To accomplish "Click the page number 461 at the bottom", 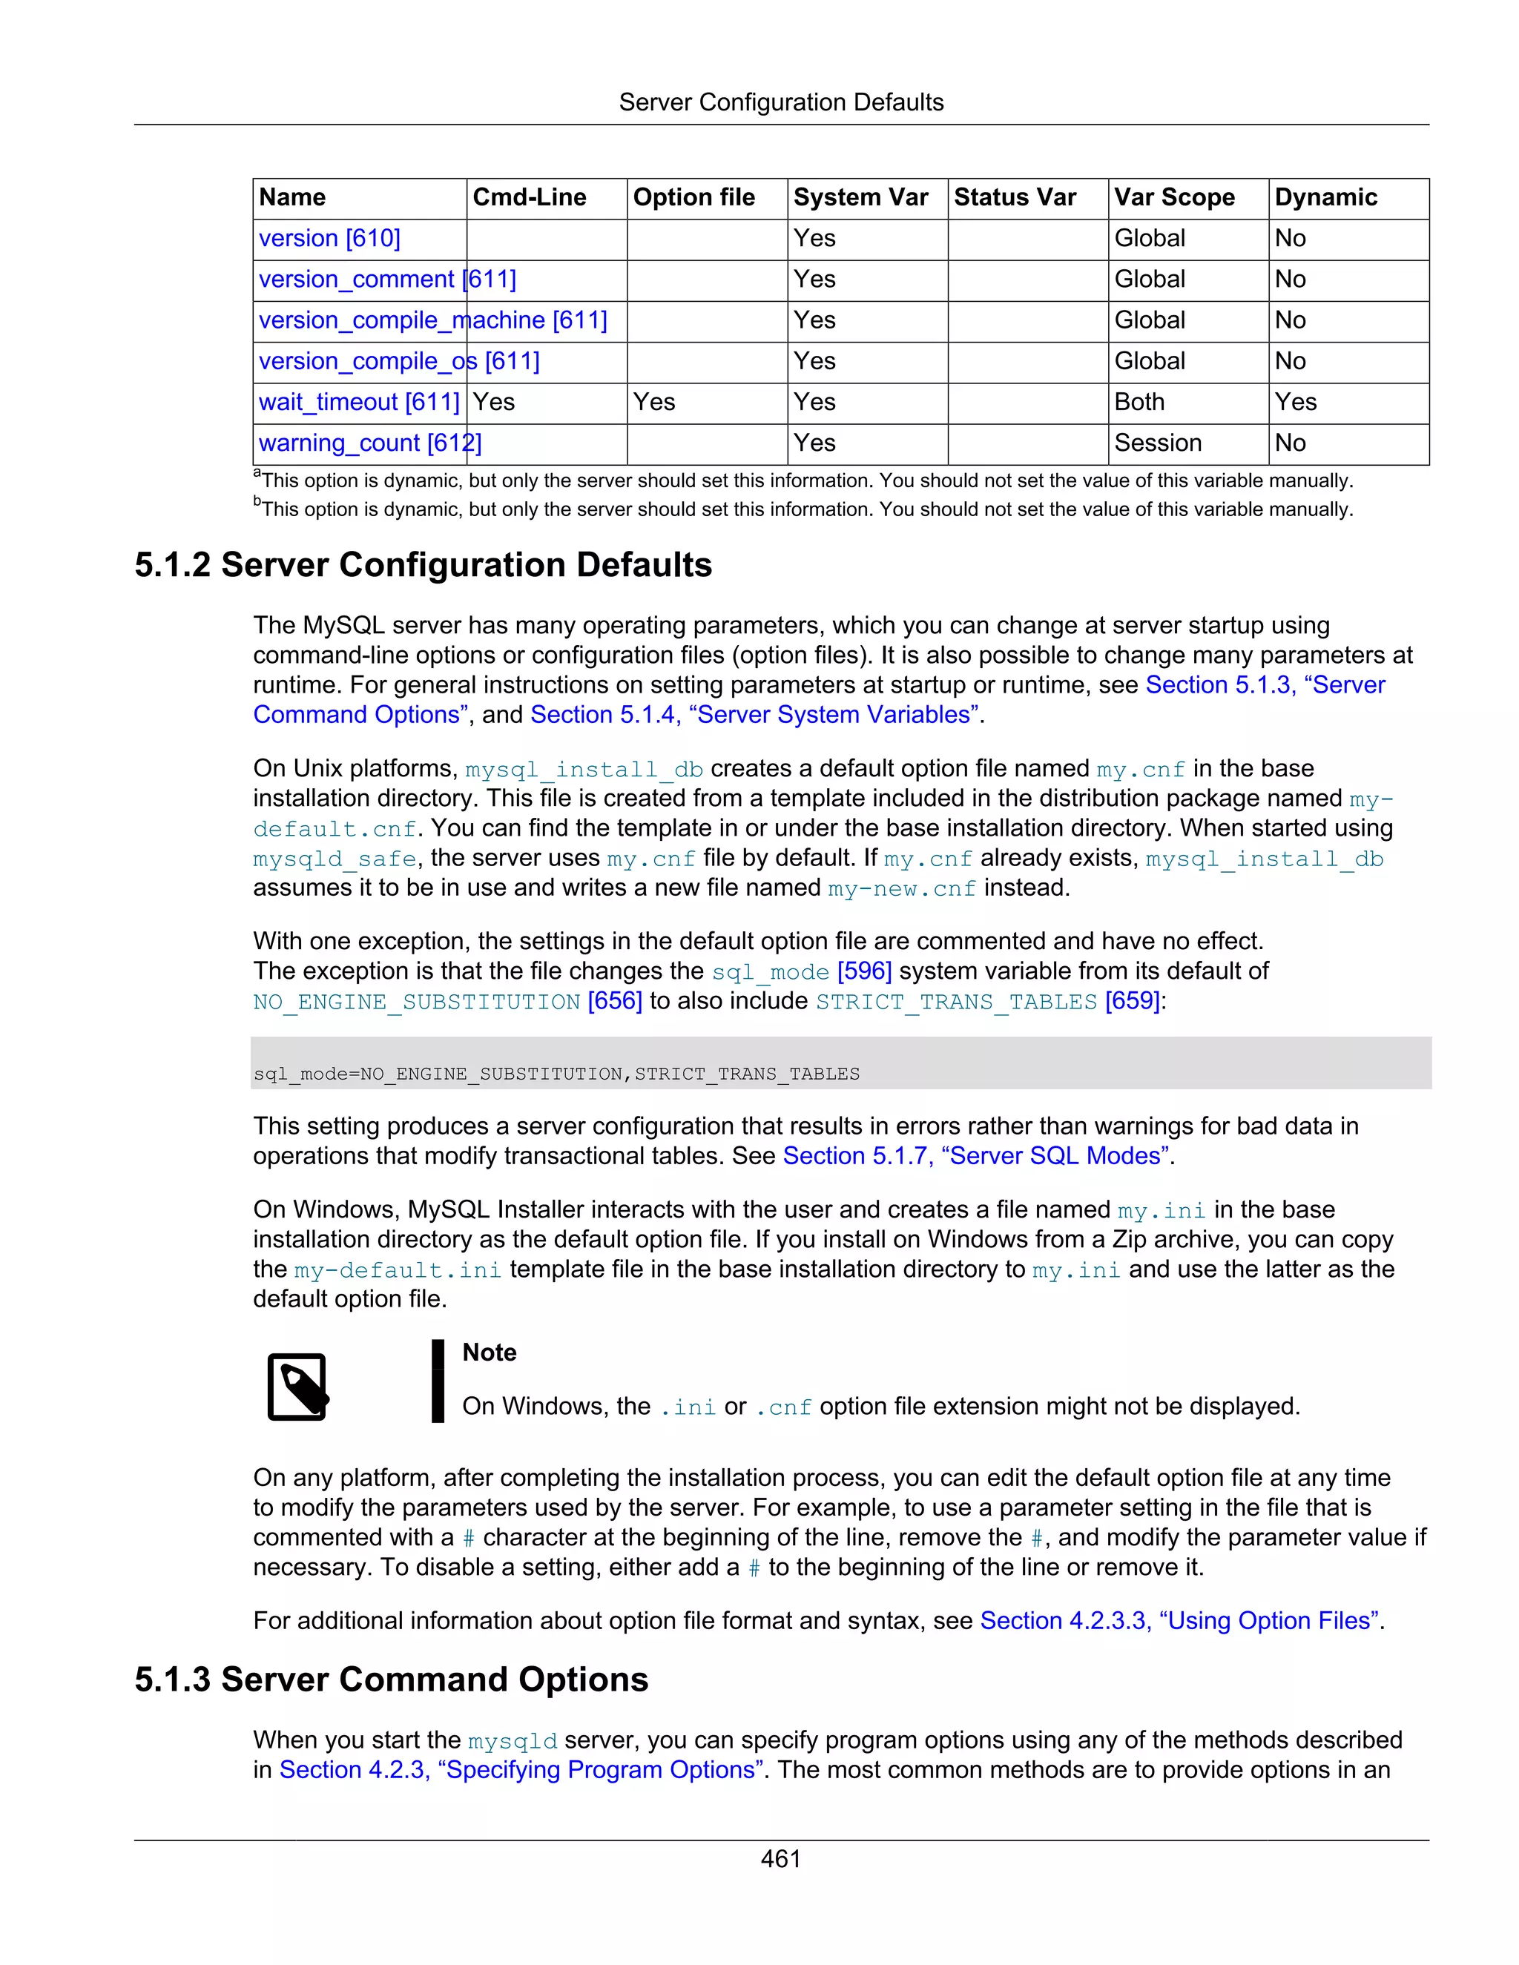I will pos(780,1859).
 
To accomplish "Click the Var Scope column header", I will pos(1173,197).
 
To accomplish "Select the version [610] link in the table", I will pos(329,239).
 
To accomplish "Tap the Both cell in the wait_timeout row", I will pos(1139,402).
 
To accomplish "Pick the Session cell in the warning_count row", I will pos(1157,443).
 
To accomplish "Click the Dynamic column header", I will pos(1325,197).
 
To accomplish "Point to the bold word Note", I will pos(489,1353).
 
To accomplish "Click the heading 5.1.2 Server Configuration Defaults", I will pos(423,565).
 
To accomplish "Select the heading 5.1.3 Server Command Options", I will pos(392,1680).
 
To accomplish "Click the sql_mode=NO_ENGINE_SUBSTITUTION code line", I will pos(556,1074).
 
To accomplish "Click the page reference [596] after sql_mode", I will pos(864,971).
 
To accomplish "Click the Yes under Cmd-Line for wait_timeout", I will pos(494,402).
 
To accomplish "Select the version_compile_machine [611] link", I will pos(433,320).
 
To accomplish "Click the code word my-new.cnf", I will pos(902,889).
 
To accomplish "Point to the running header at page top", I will pos(780,102).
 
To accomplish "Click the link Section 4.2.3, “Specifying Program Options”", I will pos(521,1770).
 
